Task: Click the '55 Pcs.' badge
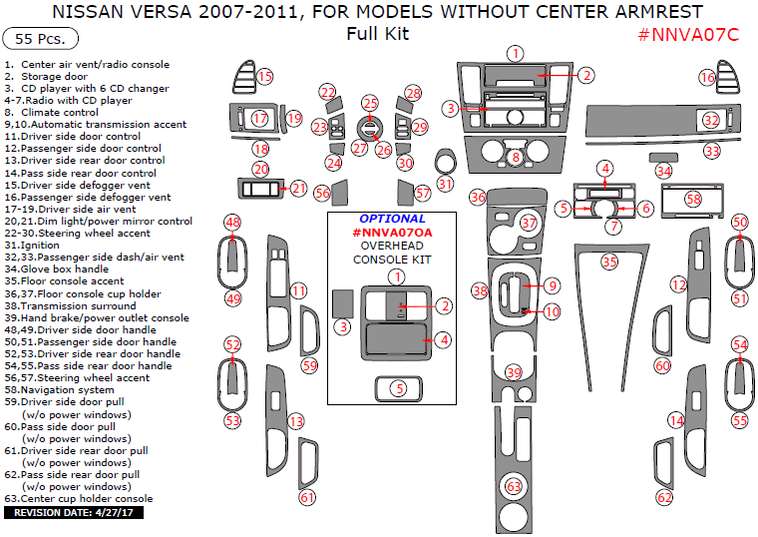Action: tap(34, 39)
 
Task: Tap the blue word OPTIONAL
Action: tap(391, 219)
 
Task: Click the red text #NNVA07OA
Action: tap(392, 232)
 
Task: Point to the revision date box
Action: tap(76, 512)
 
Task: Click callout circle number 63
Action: tap(514, 486)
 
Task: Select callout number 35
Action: tap(609, 262)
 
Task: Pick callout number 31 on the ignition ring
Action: tap(445, 184)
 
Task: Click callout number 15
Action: tap(265, 76)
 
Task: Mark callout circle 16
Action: tap(707, 77)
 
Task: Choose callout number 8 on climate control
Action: tap(515, 157)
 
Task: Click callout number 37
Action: tap(528, 223)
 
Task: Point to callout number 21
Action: tap(299, 188)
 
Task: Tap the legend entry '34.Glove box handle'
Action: tap(59, 268)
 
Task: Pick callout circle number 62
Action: tap(664, 496)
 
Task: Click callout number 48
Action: tap(232, 222)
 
